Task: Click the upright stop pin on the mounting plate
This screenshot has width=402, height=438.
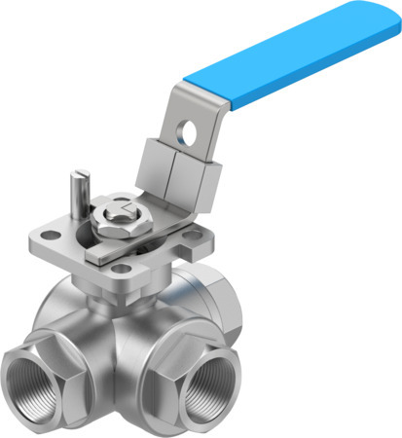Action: pos(78,195)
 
